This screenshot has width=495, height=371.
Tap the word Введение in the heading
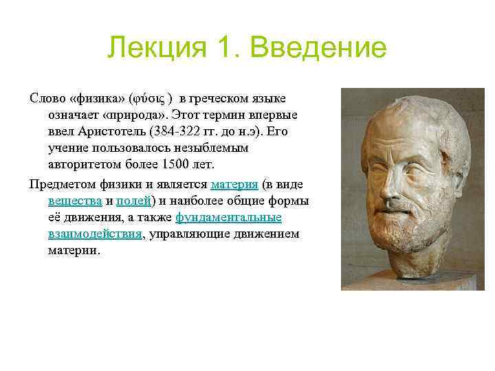click(x=319, y=49)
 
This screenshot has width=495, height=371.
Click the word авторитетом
click(x=79, y=164)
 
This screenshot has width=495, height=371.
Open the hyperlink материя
click(x=234, y=184)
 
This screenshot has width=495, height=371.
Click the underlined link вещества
click(x=74, y=201)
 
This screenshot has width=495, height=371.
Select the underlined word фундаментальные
click(x=229, y=217)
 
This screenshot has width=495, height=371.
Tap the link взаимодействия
click(x=95, y=234)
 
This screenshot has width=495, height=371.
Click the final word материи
click(x=74, y=250)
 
